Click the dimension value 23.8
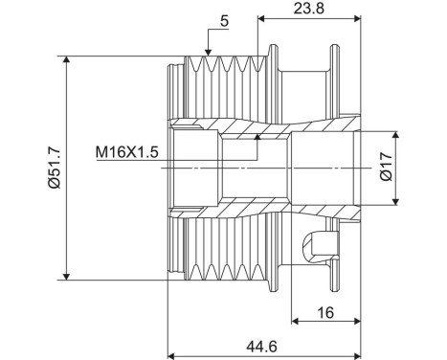[x=308, y=9]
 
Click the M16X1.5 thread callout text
[x=128, y=151]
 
